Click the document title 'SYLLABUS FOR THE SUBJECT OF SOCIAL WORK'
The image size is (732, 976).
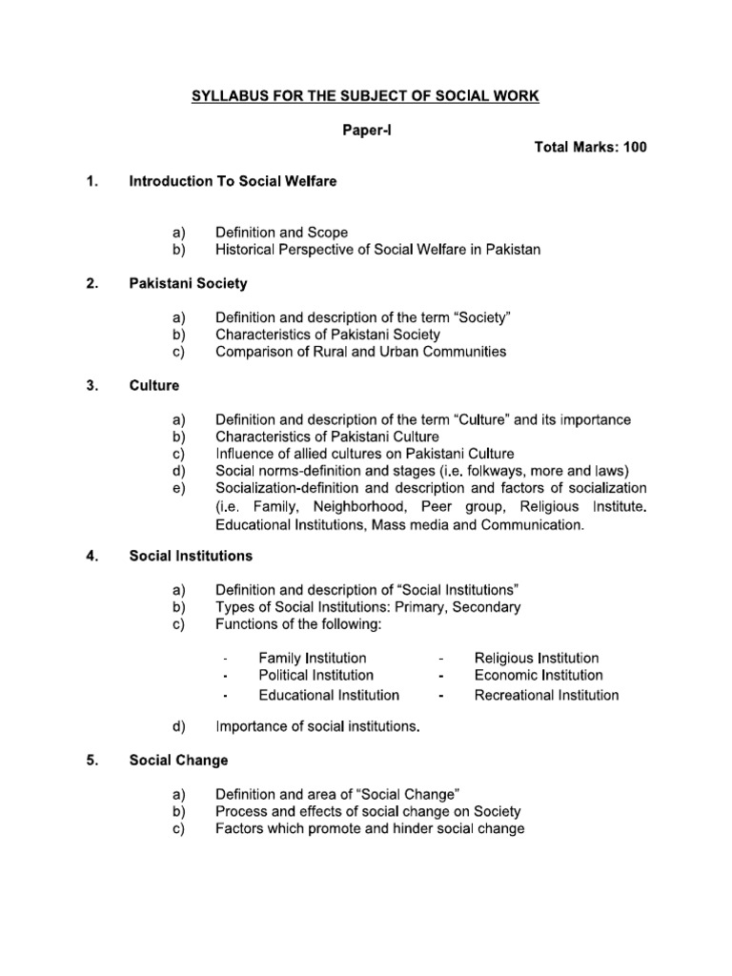point(367,96)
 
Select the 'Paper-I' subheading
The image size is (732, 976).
point(367,132)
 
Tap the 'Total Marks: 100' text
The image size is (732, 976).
point(585,150)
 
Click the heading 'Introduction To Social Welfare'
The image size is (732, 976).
point(233,180)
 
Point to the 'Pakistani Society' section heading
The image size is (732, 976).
point(188,283)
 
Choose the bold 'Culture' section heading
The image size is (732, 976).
point(153,386)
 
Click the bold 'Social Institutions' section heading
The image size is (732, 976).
point(191,556)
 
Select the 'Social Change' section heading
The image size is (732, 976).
point(178,761)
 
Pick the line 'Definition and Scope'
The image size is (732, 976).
point(281,232)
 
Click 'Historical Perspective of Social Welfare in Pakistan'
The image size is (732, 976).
point(377,250)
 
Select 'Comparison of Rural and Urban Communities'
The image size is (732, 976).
point(360,352)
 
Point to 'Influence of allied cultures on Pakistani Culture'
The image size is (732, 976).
point(365,454)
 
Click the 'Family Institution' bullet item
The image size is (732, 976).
point(312,659)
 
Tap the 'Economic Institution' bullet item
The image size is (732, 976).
point(538,676)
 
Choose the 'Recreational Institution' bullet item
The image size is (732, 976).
point(546,695)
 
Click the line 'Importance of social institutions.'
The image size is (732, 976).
point(317,727)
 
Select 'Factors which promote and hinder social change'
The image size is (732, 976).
point(370,829)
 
